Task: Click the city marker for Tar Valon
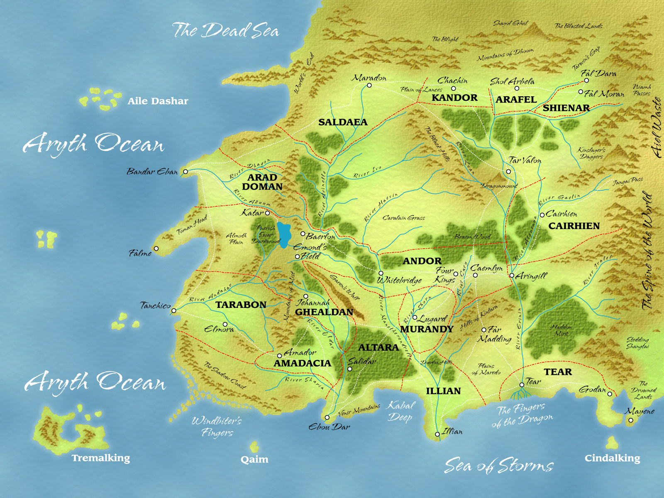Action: pos(508,171)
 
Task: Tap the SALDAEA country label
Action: pos(343,122)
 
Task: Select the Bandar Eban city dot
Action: pos(186,171)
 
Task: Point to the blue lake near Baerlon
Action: pos(284,234)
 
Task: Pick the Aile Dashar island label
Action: pos(158,101)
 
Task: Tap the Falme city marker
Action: pos(156,249)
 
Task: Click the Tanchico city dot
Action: pos(174,310)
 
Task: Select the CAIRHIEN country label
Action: pos(574,226)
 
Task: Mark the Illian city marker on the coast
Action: pos(437,434)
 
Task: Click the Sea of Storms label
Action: pos(499,466)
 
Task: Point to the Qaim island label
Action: pos(254,459)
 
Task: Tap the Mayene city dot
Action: pos(631,420)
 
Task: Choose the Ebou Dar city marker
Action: pos(327,417)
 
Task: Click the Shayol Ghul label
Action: pos(510,23)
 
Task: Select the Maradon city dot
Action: pos(369,85)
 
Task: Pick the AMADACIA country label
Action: pos(302,363)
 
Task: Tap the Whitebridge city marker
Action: pos(381,273)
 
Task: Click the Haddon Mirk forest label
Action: pos(561,330)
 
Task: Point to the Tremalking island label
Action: pos(101,458)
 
